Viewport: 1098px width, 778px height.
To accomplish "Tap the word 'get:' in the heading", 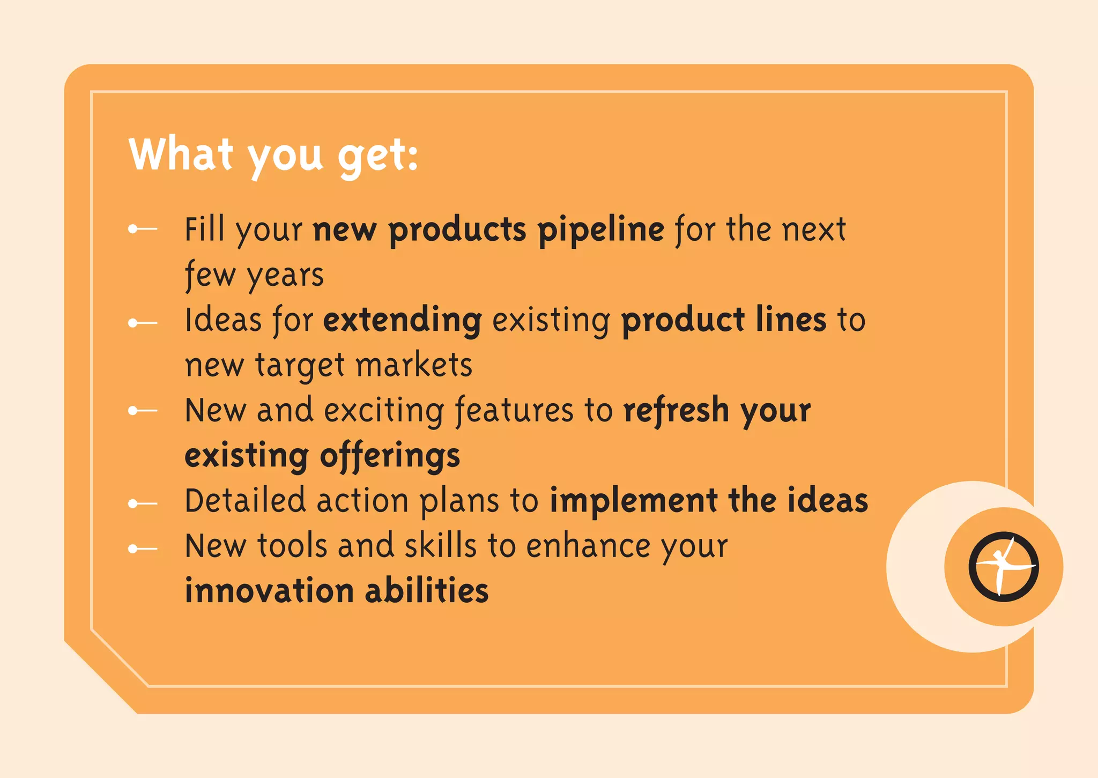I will pyautogui.click(x=378, y=157).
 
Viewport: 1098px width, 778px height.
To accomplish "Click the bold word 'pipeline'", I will pyautogui.click(x=601, y=231).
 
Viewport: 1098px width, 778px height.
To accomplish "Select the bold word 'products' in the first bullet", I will pyautogui.click(x=457, y=231).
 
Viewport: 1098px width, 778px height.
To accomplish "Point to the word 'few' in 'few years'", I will pyautogui.click(x=210, y=276).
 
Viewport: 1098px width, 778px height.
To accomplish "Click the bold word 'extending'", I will pyautogui.click(x=403, y=321).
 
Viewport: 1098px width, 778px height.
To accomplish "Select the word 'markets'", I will pyautogui.click(x=414, y=366).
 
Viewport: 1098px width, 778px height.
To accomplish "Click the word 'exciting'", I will pyautogui.click(x=384, y=411).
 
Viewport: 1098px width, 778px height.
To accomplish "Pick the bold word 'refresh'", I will pyautogui.click(x=676, y=411).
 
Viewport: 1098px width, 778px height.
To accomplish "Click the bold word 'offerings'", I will pyautogui.click(x=390, y=457).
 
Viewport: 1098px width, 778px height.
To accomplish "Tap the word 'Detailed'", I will pyautogui.click(x=245, y=501).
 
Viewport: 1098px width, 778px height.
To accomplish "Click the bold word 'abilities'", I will pyautogui.click(x=427, y=591).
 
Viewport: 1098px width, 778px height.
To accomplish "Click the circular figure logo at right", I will pyautogui.click(x=1003, y=567).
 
